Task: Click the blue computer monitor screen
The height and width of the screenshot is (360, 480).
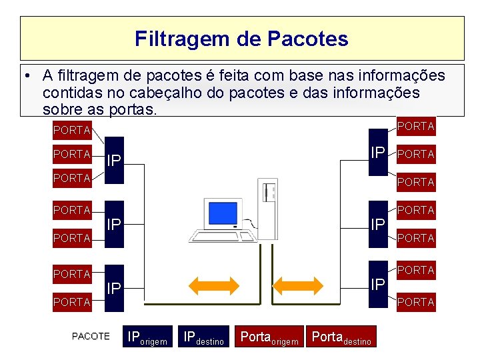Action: pyautogui.click(x=223, y=213)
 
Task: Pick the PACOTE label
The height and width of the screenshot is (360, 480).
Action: pyautogui.click(x=91, y=336)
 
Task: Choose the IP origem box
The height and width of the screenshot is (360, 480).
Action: pyautogui.click(x=148, y=337)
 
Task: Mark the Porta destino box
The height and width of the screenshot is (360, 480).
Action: pyautogui.click(x=341, y=337)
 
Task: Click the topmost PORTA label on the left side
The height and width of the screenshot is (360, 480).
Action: pyautogui.click(x=71, y=130)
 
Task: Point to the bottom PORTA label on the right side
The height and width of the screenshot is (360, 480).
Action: pyautogui.click(x=415, y=302)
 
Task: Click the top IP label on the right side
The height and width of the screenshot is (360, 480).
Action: pyautogui.click(x=378, y=152)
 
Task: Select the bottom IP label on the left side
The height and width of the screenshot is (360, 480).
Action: pyautogui.click(x=115, y=288)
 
